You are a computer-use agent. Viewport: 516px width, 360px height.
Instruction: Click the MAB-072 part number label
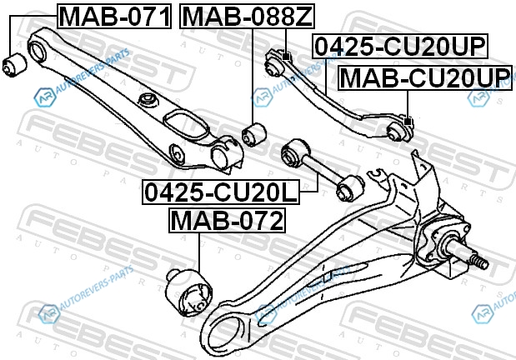coord(227,221)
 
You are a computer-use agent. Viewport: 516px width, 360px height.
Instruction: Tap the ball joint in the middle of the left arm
coord(148,101)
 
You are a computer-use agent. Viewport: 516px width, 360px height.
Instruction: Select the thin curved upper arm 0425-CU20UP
coord(333,92)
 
